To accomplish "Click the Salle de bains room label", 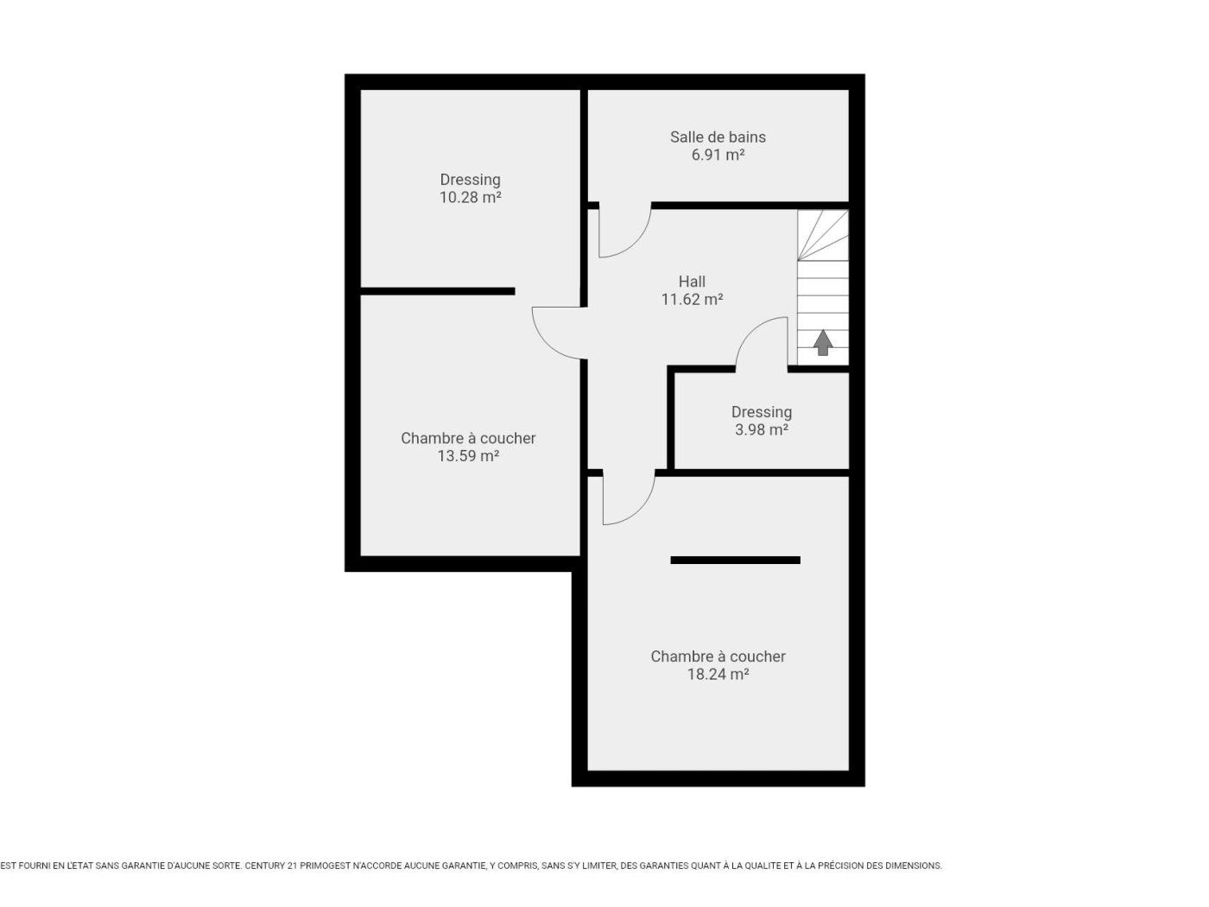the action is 717,136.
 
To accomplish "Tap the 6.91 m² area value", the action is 718,155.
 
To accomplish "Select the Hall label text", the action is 692,282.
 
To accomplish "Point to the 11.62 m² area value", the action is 692,299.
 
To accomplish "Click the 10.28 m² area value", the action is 470,197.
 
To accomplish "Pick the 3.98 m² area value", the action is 761,429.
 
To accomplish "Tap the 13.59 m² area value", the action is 468,456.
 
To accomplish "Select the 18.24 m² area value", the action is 718,674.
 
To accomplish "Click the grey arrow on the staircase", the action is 822,343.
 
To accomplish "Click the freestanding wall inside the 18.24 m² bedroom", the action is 735,560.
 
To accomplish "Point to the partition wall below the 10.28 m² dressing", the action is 437,291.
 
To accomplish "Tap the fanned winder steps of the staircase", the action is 822,235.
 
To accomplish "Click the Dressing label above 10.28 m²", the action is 470,180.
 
